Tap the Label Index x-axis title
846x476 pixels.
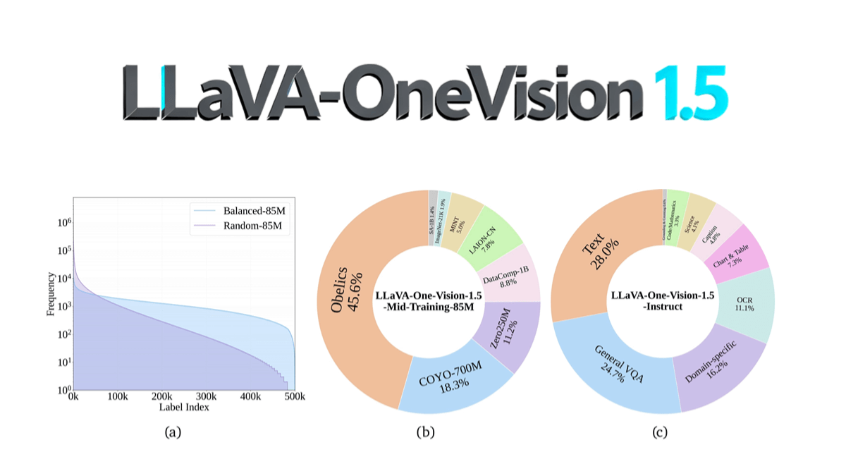tap(185, 407)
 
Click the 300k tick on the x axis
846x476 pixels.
tap(207, 397)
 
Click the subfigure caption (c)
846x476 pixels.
tap(659, 433)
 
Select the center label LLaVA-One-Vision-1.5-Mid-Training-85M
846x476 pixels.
tap(429, 301)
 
